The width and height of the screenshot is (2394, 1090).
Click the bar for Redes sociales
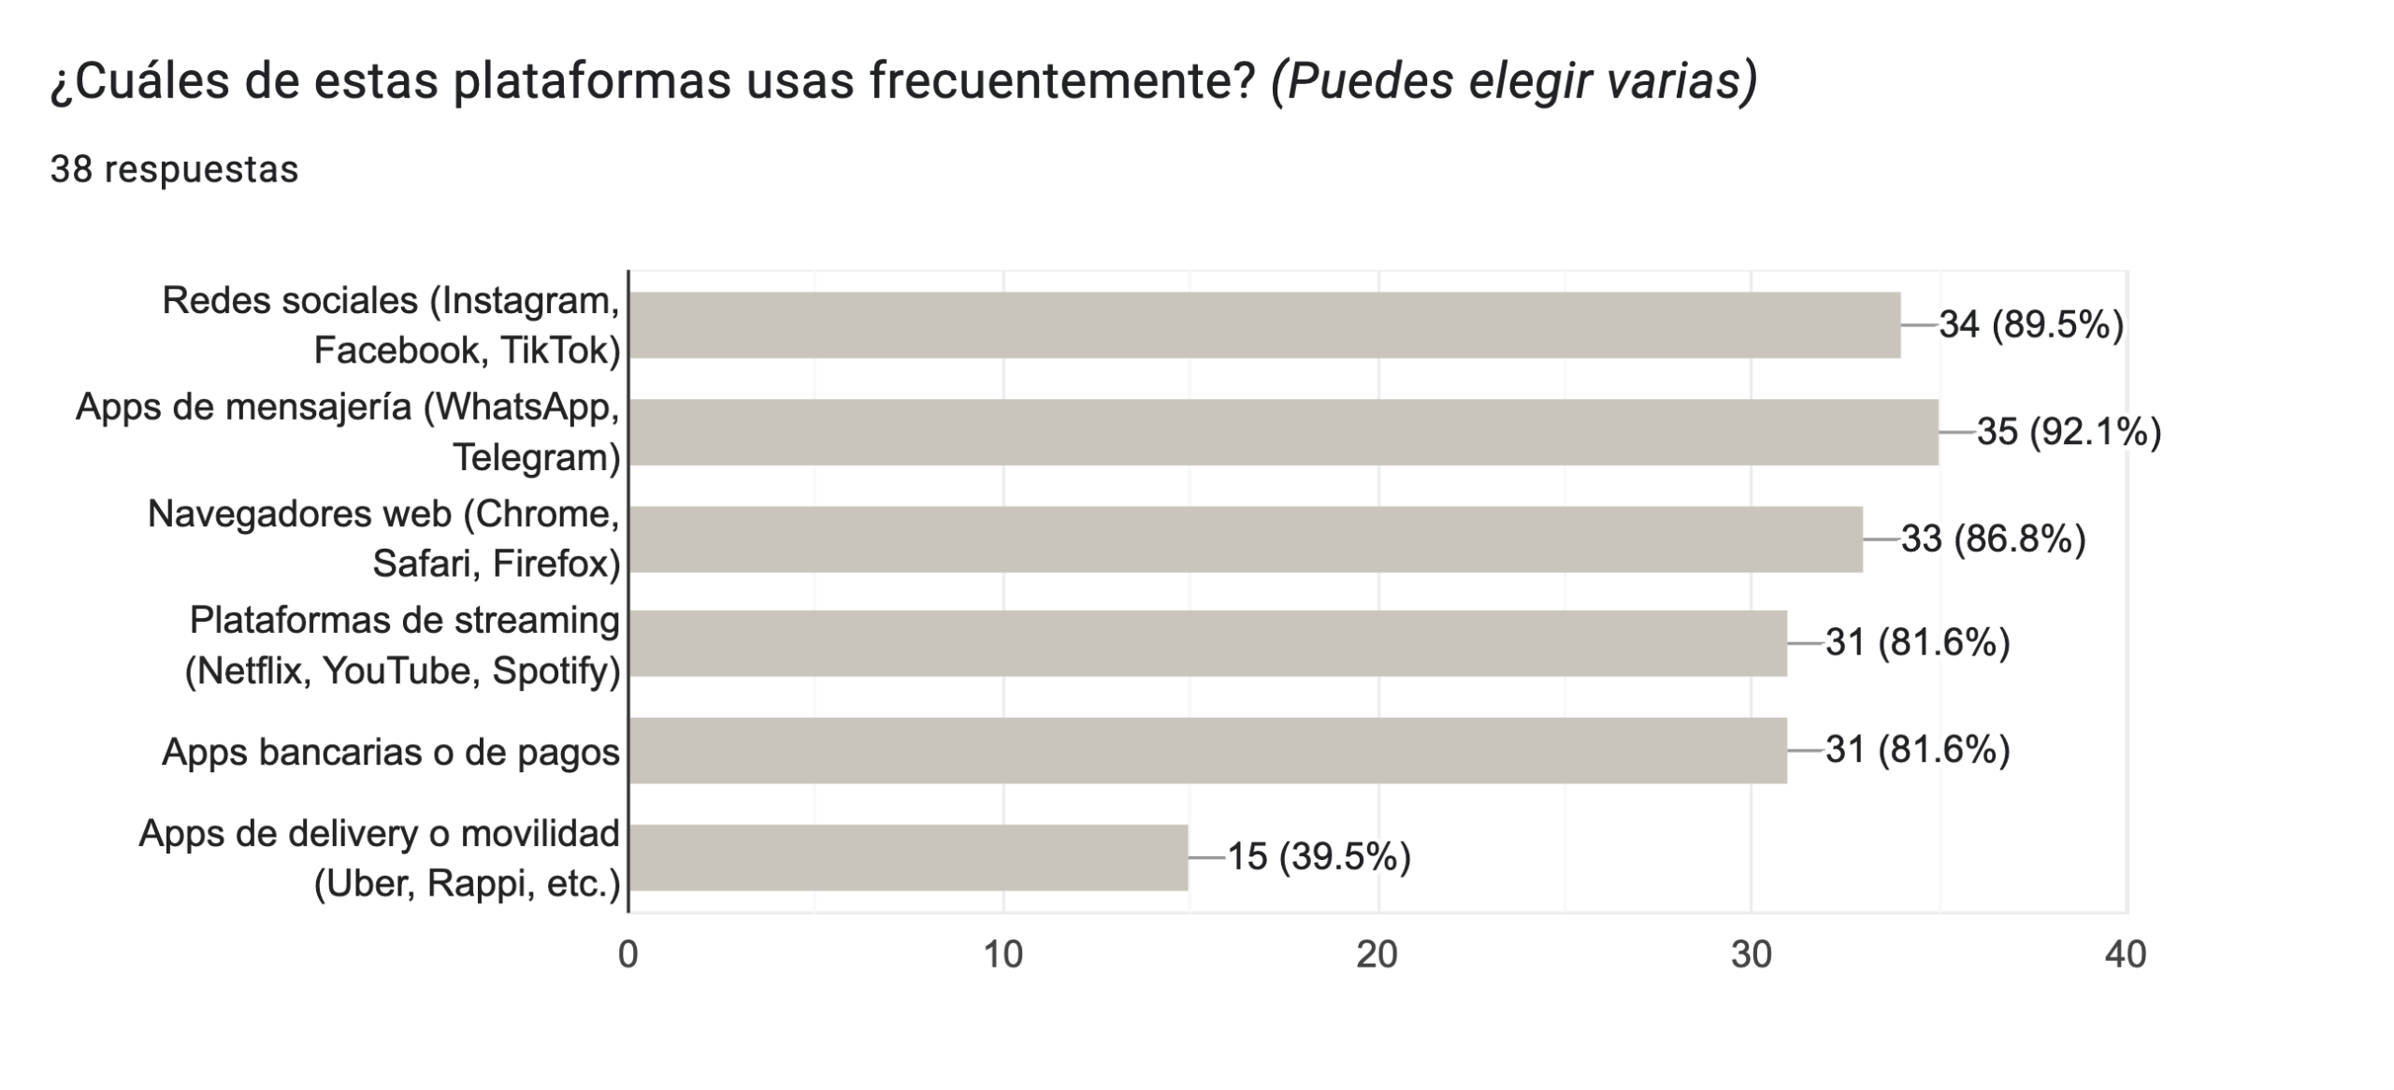(1262, 324)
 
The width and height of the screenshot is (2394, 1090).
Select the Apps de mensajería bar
(1281, 432)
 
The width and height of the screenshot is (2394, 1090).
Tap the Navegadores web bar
(1244, 538)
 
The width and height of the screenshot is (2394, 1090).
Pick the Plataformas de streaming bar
(1206, 643)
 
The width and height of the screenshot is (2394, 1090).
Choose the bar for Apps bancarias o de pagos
(1206, 750)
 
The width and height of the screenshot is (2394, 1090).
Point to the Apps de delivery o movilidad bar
(907, 857)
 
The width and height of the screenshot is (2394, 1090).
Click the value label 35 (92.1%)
(2069, 432)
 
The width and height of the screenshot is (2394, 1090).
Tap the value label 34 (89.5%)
(2031, 324)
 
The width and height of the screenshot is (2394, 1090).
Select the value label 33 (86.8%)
(1993, 538)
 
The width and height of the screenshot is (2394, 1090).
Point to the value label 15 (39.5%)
(1318, 857)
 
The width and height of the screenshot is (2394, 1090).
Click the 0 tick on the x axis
(627, 954)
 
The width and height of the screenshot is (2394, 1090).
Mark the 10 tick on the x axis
(1002, 954)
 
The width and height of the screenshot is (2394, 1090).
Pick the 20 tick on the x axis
(1377, 954)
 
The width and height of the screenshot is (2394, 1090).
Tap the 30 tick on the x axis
(1751, 954)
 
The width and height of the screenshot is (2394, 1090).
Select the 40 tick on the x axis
(2125, 954)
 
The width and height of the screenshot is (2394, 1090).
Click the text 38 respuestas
(174, 169)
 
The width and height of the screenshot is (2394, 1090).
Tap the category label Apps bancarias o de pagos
(390, 752)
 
